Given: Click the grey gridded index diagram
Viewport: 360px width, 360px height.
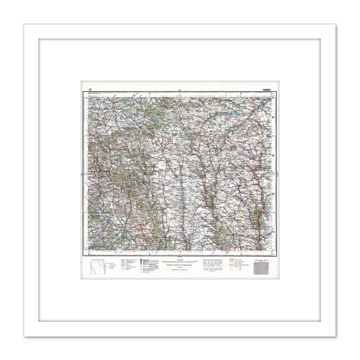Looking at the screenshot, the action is click(x=262, y=267).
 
